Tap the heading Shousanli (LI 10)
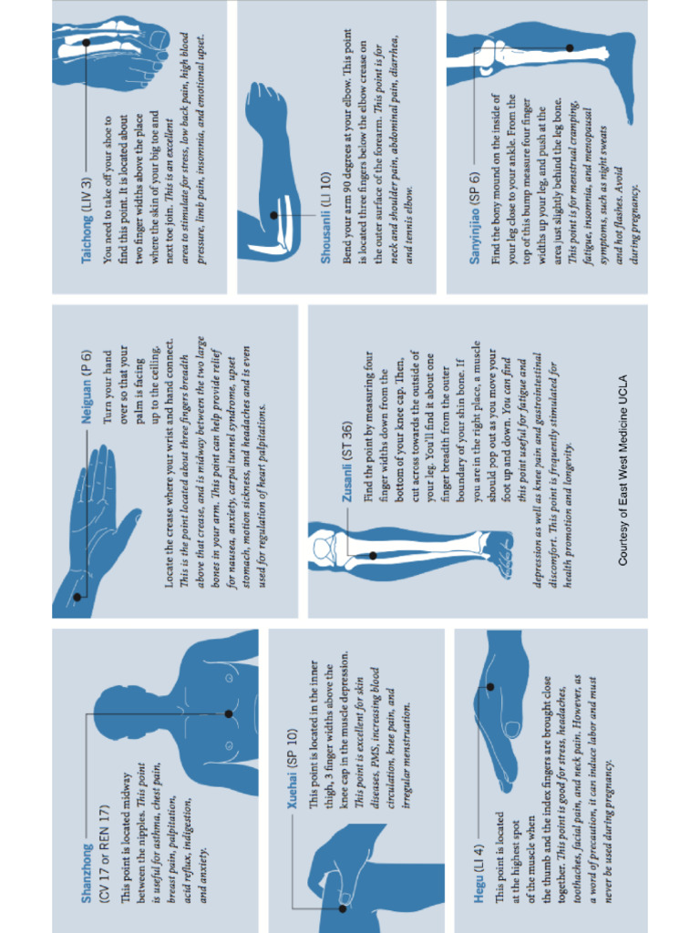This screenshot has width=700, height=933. tap(325, 218)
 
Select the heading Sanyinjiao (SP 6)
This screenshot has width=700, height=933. tap(474, 218)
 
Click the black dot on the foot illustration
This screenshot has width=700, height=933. tap(87, 42)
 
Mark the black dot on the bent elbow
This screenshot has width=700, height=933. tap(273, 215)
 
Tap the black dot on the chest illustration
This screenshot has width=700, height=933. tap(228, 713)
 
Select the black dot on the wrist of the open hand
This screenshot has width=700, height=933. tap(77, 598)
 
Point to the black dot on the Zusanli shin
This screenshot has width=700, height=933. tap(372, 555)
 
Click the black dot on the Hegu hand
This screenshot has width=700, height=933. tap(489, 687)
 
